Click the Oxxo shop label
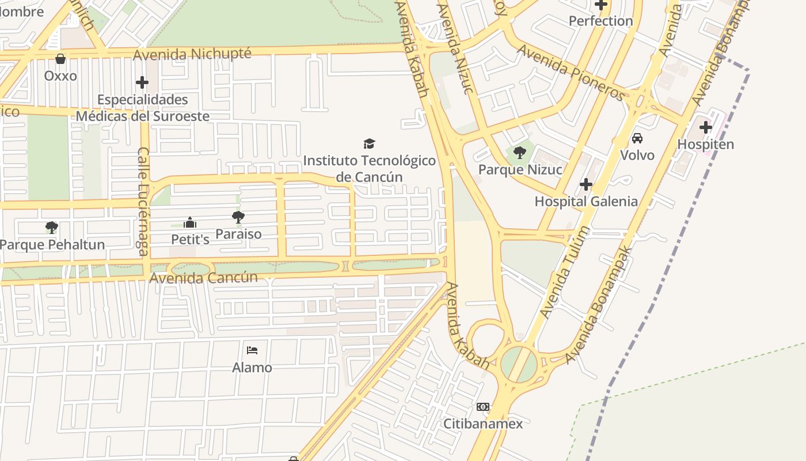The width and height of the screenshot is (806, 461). pos(60,76)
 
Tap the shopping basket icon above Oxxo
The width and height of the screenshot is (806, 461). pos(60,58)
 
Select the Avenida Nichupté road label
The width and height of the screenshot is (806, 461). pos(192,54)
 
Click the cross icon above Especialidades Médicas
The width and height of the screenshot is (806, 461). pos(142,82)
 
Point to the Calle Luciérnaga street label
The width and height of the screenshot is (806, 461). pos(143,201)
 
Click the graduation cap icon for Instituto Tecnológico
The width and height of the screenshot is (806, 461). pos(369,143)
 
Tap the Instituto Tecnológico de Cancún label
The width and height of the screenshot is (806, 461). pos(369,168)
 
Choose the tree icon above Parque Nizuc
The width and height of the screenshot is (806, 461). pos(520,153)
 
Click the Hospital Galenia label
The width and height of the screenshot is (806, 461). pos(586,202)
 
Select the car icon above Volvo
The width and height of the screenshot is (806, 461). pos(637,138)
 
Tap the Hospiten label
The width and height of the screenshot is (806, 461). pos(706,144)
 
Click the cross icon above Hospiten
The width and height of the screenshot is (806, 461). pos(706,127)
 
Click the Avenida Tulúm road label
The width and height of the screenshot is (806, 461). pos(565,272)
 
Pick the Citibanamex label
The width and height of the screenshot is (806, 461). pos(483,424)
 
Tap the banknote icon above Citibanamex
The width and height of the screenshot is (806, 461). pos(483,407)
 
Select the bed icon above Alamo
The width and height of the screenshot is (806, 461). pos(252,350)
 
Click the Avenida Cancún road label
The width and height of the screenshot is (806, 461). pos(203,278)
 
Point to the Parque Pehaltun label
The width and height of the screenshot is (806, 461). pos(52,245)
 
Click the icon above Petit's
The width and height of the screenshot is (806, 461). pos(190,222)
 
